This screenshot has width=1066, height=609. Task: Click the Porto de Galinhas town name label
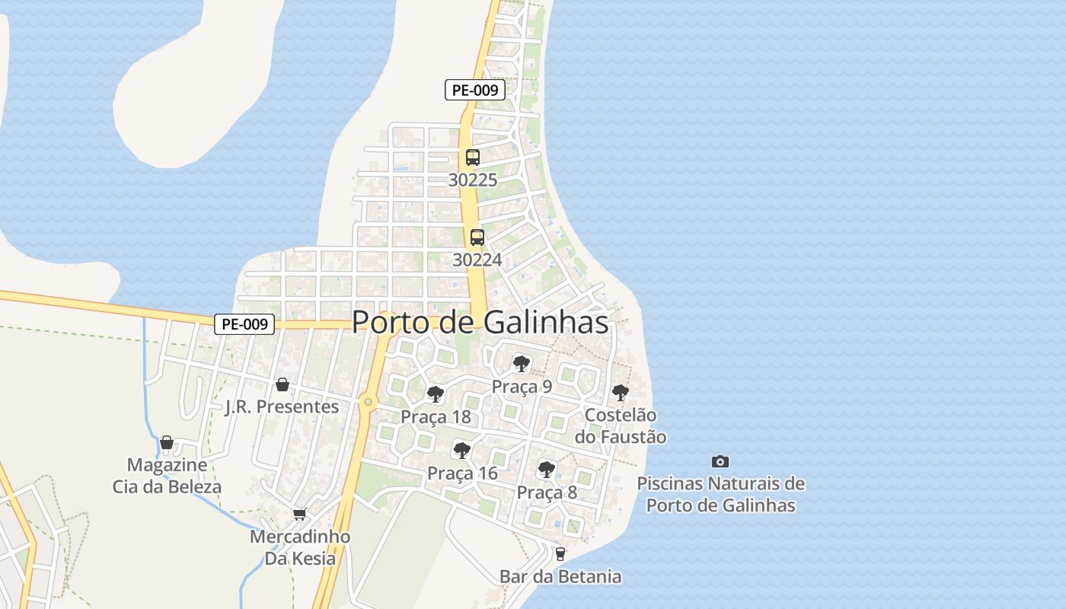[480, 322]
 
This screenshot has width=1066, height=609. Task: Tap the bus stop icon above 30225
[473, 158]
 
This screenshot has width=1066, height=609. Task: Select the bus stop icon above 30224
[477, 237]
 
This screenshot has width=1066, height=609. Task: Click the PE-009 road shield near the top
[475, 90]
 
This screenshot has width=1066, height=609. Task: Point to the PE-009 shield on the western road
[244, 324]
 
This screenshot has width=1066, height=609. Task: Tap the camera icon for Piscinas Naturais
[720, 461]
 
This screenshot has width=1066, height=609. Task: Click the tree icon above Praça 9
[522, 363]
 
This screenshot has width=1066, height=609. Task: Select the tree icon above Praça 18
[436, 394]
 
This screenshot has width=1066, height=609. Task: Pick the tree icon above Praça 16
[461, 450]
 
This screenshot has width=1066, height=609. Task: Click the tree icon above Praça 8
[546, 469]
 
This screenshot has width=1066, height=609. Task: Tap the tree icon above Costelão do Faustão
[621, 393]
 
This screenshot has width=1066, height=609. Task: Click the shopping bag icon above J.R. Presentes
[282, 384]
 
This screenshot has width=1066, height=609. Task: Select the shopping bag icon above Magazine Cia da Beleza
[167, 442]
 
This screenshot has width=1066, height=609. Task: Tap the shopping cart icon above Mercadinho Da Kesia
[300, 515]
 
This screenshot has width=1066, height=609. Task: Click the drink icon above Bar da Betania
[560, 554]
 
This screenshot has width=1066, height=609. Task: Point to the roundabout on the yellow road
[369, 401]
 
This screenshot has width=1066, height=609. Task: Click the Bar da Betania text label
[560, 577]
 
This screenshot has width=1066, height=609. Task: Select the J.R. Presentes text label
[282, 407]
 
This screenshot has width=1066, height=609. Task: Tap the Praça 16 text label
[462, 473]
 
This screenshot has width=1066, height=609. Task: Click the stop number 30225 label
[473, 180]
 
